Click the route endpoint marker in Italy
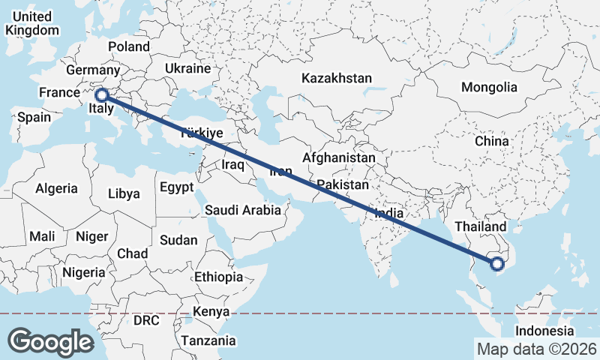click(102, 95)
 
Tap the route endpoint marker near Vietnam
click(496, 263)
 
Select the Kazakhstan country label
click(337, 78)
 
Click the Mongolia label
click(489, 87)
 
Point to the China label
click(491, 141)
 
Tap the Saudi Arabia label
click(243, 210)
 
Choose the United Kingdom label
click(31, 23)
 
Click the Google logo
click(51, 341)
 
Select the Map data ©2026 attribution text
click(537, 349)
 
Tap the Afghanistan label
click(339, 158)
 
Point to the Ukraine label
click(187, 68)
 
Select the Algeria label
click(57, 188)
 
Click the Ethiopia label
click(218, 277)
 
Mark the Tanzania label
click(208, 340)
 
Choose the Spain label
click(34, 117)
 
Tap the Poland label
click(129, 46)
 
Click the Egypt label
click(176, 187)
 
